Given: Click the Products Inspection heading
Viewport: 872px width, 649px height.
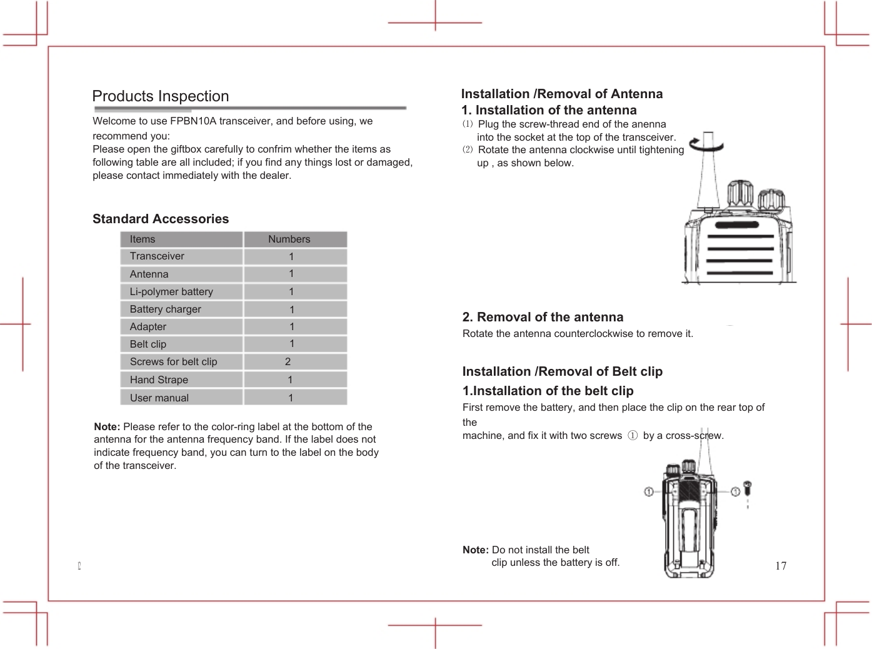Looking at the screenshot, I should [161, 96].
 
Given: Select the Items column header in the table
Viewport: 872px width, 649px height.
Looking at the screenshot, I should [143, 239].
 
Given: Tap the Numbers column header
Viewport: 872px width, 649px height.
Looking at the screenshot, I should [289, 239].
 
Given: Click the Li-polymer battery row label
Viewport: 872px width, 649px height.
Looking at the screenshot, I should [171, 291].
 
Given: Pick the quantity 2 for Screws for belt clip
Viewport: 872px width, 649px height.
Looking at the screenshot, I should [288, 361].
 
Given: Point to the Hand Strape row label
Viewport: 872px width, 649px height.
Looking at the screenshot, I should [159, 380].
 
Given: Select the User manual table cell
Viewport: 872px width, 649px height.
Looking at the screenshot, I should [159, 398].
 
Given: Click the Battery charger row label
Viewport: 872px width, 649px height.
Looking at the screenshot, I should [165, 309].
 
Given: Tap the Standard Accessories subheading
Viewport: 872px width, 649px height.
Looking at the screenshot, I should [161, 219].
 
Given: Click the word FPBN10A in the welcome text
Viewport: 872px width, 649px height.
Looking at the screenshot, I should [193, 121].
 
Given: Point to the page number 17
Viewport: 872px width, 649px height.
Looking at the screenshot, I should [781, 566].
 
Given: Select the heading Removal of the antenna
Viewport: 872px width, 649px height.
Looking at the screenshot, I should [543, 317].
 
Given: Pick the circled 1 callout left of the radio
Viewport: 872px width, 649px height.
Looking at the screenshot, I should [649, 492].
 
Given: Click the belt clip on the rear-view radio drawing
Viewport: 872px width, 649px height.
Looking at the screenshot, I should [689, 531].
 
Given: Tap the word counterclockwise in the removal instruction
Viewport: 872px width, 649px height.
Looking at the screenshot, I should [593, 333].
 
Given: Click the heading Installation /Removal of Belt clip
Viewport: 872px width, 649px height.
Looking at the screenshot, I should [562, 371].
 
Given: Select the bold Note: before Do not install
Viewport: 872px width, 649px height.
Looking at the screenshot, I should [476, 550].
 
